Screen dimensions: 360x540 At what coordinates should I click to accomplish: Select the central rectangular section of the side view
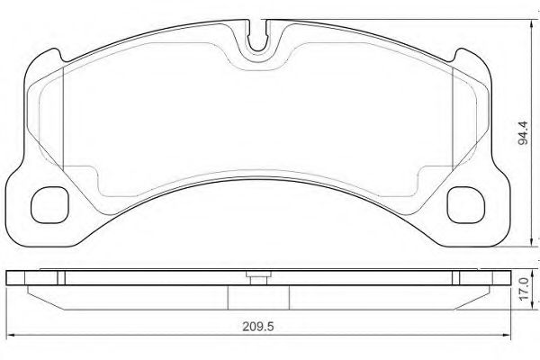click(x=257, y=296)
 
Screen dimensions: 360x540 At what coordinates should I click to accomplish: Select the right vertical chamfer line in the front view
click(x=446, y=117)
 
